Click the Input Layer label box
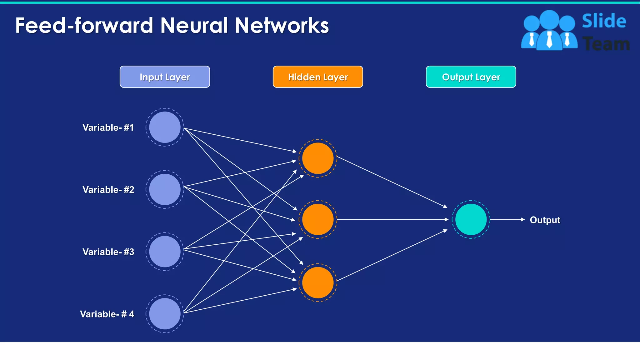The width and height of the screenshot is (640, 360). (165, 77)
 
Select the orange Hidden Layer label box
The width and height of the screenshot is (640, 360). (318, 77)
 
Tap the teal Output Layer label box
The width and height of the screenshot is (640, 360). (471, 77)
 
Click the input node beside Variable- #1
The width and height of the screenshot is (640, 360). (165, 127)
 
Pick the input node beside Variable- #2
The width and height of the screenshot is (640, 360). (165, 189)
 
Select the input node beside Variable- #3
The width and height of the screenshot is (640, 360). (165, 252)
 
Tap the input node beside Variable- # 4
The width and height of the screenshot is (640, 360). (165, 314)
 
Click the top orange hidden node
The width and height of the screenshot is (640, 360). (318, 158)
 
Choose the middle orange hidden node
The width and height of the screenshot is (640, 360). (318, 219)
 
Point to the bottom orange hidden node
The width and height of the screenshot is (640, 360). (318, 282)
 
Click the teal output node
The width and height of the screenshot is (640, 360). (471, 219)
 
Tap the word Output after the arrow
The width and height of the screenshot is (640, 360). (545, 220)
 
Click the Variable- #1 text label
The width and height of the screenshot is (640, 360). (108, 127)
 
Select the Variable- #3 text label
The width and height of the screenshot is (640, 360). (108, 252)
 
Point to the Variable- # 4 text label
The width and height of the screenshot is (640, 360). (107, 314)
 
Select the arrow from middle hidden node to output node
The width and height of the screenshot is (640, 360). (392, 220)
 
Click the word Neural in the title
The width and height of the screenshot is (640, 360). (194, 25)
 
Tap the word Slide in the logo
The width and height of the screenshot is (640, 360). (604, 21)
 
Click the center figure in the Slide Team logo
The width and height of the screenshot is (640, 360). (549, 31)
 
